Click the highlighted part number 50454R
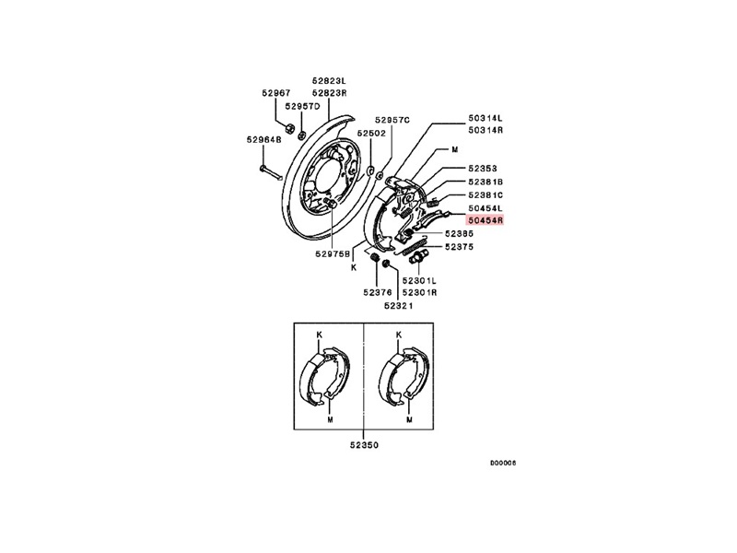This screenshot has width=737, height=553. (485, 219)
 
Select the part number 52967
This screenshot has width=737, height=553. (275, 93)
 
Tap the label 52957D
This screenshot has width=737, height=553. (302, 106)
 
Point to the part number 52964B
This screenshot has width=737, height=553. (263, 140)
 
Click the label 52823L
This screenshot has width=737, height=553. (330, 80)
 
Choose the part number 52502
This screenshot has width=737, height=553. (371, 133)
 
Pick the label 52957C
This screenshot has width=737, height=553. (392, 120)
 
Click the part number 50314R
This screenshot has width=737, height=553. (485, 130)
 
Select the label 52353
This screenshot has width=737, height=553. (482, 169)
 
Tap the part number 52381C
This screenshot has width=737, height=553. (485, 194)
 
